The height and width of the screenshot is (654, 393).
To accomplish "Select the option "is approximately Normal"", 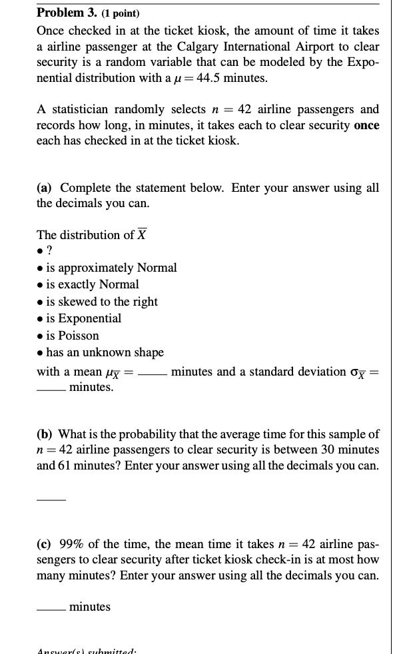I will click(x=111, y=268).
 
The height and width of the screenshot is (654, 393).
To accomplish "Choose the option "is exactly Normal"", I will click(x=91, y=284).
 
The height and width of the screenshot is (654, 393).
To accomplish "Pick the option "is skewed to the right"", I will click(x=101, y=302).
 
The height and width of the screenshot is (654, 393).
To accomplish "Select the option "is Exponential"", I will click(x=83, y=318).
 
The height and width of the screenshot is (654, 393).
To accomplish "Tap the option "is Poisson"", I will click(x=71, y=335).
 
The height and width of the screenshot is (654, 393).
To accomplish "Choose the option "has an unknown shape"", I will click(x=103, y=352).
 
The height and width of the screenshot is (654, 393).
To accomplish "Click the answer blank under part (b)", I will click(x=51, y=498).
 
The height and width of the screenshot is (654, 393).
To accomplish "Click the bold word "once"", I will click(x=366, y=125).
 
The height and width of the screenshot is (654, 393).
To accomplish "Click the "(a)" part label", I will click(x=45, y=188).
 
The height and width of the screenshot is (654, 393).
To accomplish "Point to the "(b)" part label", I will click(x=46, y=434).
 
